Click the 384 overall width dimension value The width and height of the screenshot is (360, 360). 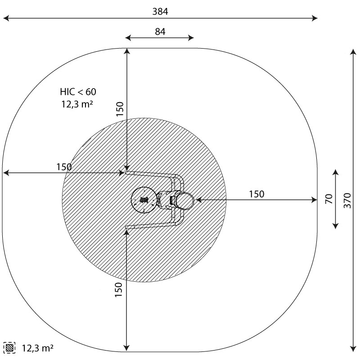click(160, 11)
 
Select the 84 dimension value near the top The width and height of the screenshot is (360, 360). click(160, 31)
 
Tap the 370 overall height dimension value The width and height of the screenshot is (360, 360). click(347, 200)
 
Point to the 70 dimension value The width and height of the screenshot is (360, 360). click(329, 198)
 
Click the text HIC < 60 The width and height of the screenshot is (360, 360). click(78, 92)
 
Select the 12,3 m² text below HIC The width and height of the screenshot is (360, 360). click(77, 104)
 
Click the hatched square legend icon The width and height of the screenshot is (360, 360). click(9, 348)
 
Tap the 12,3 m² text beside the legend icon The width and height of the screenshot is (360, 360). click(38, 348)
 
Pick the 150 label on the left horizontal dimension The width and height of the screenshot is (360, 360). click(64, 167)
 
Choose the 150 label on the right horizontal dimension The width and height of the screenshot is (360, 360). click(256, 194)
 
